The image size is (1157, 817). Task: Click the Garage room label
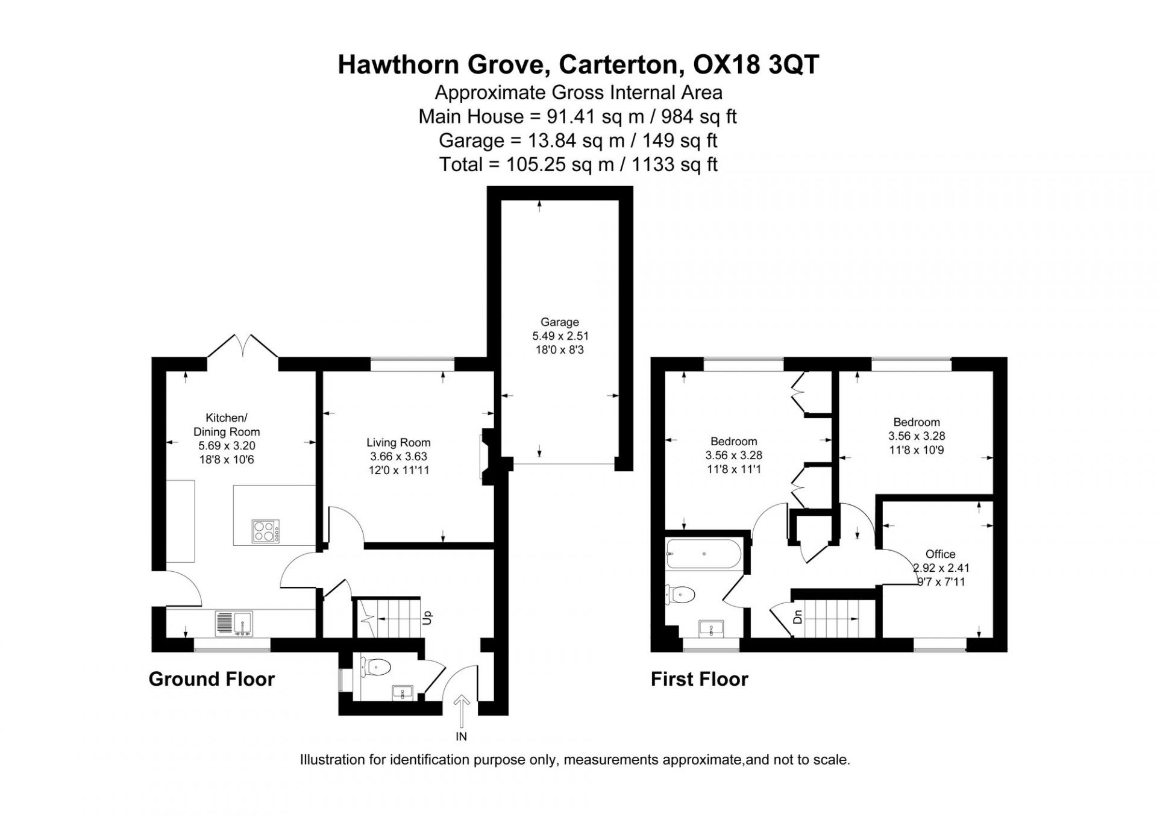pyautogui.click(x=560, y=322)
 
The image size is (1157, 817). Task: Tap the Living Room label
pyautogui.click(x=398, y=443)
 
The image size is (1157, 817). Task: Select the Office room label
pyautogui.click(x=941, y=554)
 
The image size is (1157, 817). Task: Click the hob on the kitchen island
pyautogui.click(x=266, y=531)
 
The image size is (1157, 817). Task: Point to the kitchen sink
pyautogui.click(x=234, y=624)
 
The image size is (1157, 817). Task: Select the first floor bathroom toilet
pyautogui.click(x=681, y=595)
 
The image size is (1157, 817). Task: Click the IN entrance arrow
pyautogui.click(x=462, y=710)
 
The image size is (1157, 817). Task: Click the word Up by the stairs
pyautogui.click(x=427, y=617)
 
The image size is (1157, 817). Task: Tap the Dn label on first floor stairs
pyautogui.click(x=798, y=617)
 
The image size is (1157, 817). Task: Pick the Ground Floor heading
pyautogui.click(x=212, y=679)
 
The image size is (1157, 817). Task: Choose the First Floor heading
pyautogui.click(x=700, y=679)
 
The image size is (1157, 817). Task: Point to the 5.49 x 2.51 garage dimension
pyautogui.click(x=560, y=336)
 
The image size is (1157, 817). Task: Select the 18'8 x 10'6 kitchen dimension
pyautogui.click(x=227, y=460)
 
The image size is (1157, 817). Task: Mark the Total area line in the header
pyautogui.click(x=578, y=164)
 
